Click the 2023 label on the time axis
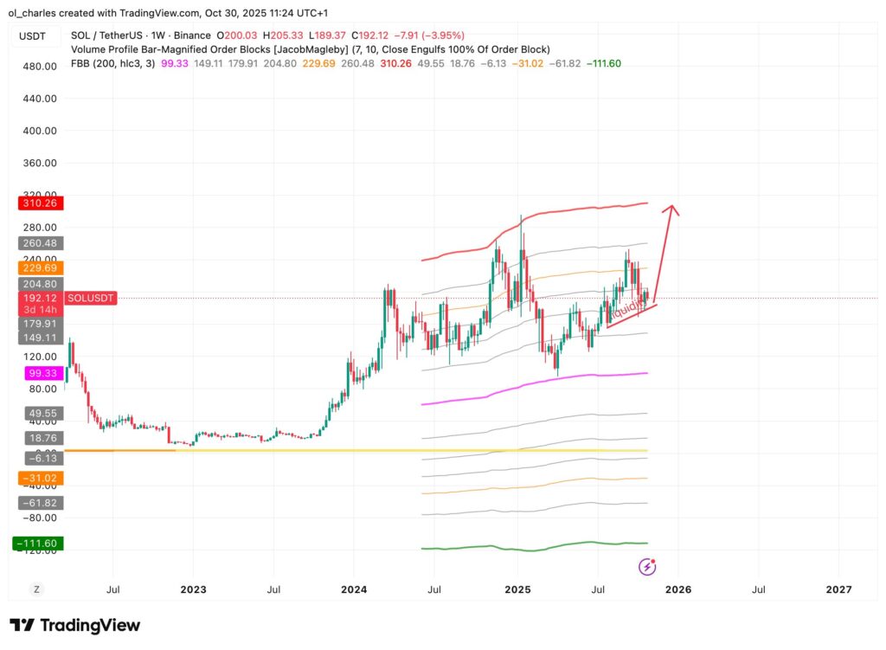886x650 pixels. [193, 590]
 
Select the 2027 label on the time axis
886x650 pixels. [838, 590]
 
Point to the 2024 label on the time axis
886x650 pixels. [355, 590]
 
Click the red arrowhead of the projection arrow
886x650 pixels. [671, 209]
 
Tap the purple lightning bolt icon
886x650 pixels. [647, 567]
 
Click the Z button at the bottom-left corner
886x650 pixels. [37, 589]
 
